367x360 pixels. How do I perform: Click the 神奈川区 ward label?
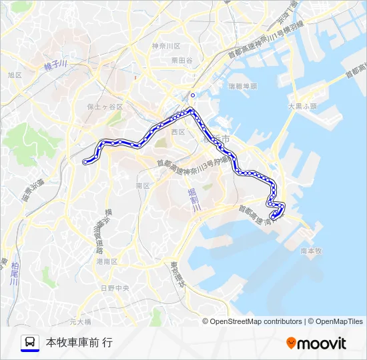point(166,46)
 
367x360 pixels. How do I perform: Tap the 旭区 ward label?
point(15,75)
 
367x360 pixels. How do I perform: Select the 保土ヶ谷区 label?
point(105,107)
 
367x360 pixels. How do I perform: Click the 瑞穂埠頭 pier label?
point(243,86)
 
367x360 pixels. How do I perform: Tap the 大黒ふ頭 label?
point(302,106)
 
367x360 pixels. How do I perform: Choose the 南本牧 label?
point(311,251)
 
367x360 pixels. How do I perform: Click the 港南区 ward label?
point(107,261)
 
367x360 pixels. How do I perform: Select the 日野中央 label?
point(114,287)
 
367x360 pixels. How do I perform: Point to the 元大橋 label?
point(79,321)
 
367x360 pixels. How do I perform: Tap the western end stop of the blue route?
point(85,161)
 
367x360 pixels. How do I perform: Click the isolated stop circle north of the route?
point(193,95)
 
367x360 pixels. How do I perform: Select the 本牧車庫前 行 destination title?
point(79,343)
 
